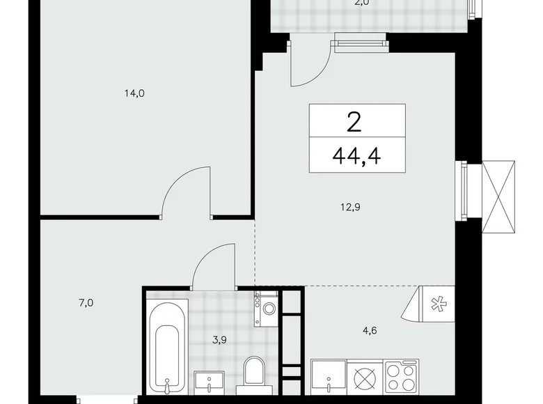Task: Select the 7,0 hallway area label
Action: click(x=86, y=302)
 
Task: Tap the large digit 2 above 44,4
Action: click(x=354, y=123)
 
